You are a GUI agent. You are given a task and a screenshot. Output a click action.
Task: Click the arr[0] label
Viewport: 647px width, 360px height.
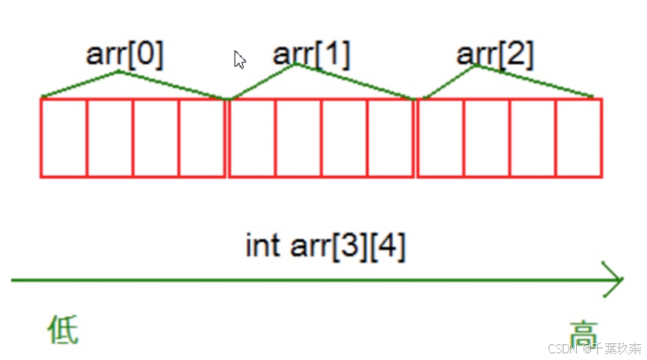click(124, 54)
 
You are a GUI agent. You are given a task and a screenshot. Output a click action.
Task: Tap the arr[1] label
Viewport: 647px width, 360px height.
click(311, 54)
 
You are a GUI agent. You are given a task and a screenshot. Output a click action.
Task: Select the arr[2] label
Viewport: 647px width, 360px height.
click(495, 54)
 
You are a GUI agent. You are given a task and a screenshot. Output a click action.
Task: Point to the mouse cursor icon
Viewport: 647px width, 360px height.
click(240, 59)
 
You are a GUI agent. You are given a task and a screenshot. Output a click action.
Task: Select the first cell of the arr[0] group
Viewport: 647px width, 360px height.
click(63, 138)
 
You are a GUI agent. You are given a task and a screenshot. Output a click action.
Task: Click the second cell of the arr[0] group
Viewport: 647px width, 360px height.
click(109, 138)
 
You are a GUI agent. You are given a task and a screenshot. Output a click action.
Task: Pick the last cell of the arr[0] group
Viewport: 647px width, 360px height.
click(202, 138)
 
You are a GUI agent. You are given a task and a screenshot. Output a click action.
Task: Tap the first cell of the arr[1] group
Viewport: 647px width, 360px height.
click(252, 138)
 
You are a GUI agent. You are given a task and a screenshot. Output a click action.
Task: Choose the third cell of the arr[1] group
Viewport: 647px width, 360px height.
click(344, 138)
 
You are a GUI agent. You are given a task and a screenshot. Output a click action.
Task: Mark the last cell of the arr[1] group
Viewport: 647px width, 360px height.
click(391, 138)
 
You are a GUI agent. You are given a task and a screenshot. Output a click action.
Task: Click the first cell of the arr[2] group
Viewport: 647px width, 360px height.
click(440, 138)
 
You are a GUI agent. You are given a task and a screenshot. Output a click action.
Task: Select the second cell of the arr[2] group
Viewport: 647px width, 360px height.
click(487, 138)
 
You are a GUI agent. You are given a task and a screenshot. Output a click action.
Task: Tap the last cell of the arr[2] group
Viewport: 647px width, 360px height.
click(579, 138)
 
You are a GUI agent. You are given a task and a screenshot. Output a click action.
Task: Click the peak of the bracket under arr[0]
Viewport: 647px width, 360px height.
click(119, 72)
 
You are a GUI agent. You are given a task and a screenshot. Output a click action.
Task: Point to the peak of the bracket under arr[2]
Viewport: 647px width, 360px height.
click(477, 66)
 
